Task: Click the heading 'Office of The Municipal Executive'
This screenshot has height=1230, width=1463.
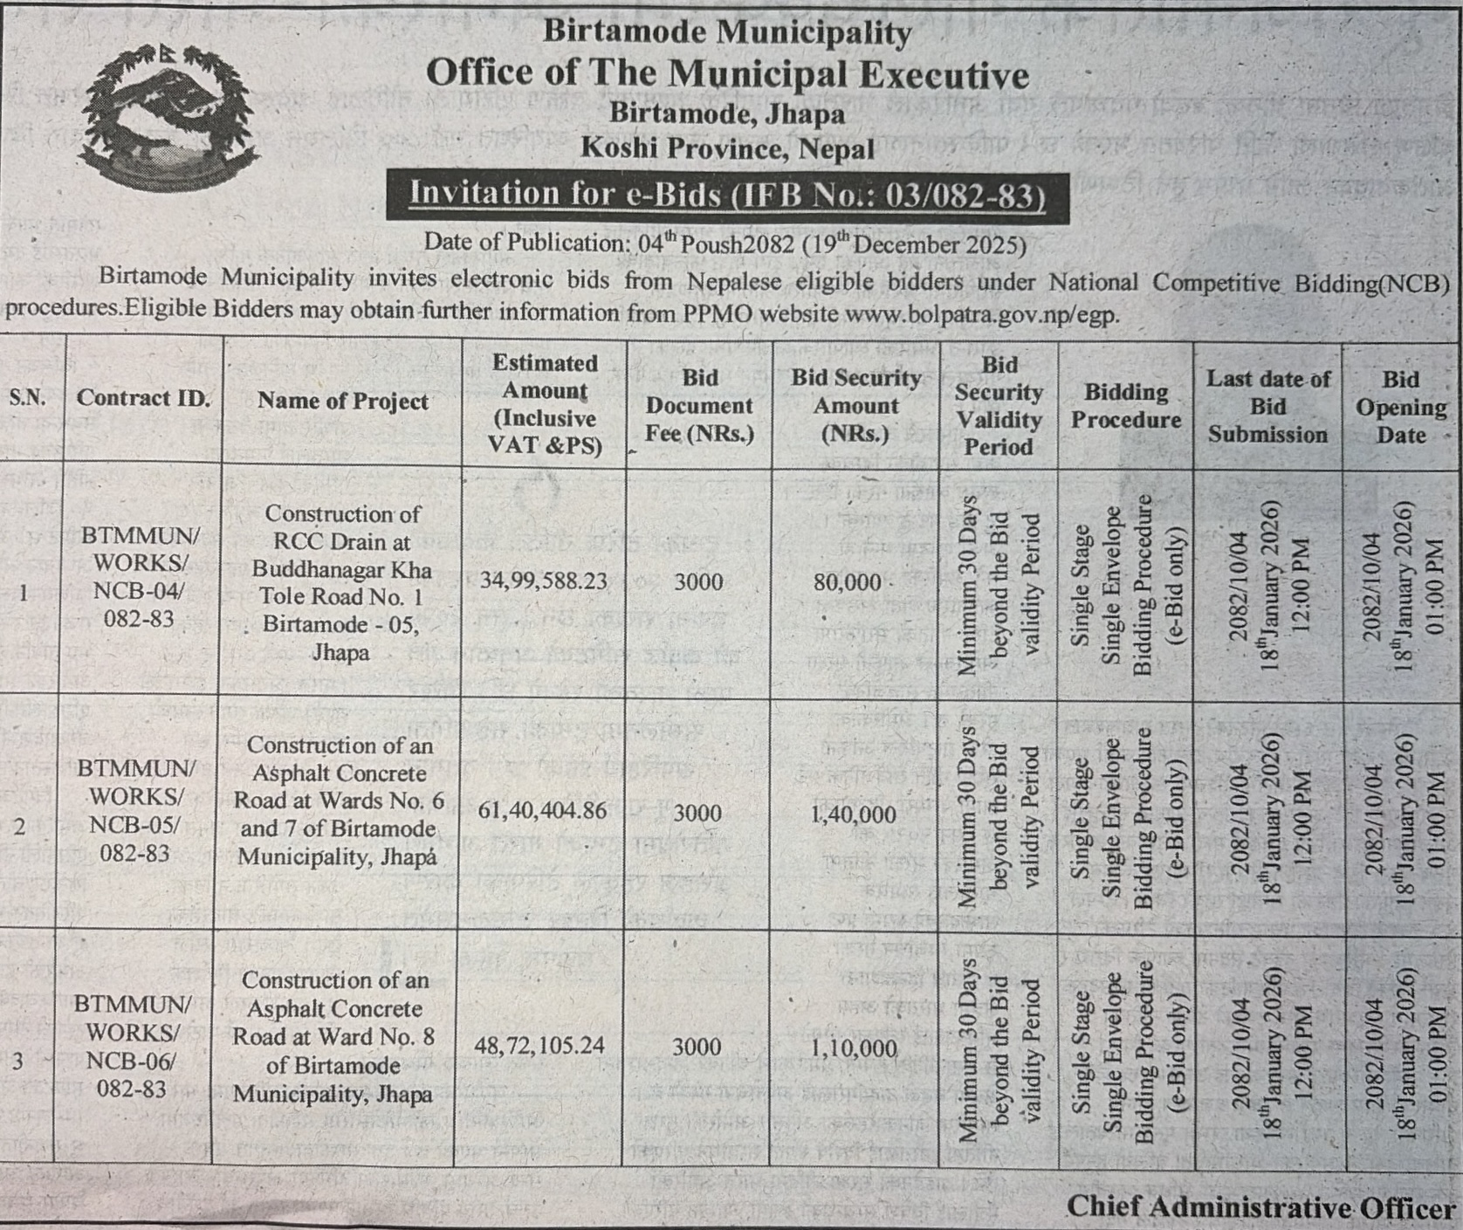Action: [x=727, y=73]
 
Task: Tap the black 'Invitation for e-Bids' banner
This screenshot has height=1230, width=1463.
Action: [x=727, y=194]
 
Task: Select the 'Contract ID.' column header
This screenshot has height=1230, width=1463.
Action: [x=143, y=399]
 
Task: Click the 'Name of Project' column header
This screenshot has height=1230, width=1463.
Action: [x=343, y=401]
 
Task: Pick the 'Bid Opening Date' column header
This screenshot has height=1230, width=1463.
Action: [x=1400, y=407]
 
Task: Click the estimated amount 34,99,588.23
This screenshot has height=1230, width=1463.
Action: [x=543, y=581]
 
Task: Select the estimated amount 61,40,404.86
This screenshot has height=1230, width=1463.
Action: [x=542, y=811]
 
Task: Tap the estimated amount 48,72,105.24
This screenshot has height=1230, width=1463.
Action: [x=539, y=1045]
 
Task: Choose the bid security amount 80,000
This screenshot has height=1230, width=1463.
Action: [x=848, y=582]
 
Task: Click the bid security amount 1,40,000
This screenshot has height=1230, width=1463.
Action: [x=853, y=814]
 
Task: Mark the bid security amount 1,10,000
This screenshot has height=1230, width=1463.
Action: [x=854, y=1048]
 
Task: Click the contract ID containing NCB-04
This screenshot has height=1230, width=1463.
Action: [x=140, y=576]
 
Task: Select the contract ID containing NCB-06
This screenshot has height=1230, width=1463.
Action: [x=133, y=1046]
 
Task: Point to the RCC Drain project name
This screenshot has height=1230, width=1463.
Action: [x=341, y=582]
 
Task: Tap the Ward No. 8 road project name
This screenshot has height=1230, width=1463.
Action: [x=333, y=1037]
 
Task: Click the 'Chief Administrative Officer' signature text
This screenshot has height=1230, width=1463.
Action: [x=1261, y=1207]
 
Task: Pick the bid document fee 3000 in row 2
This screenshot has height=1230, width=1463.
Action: [x=697, y=813]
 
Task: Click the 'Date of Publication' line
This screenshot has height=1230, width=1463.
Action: [x=725, y=244]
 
